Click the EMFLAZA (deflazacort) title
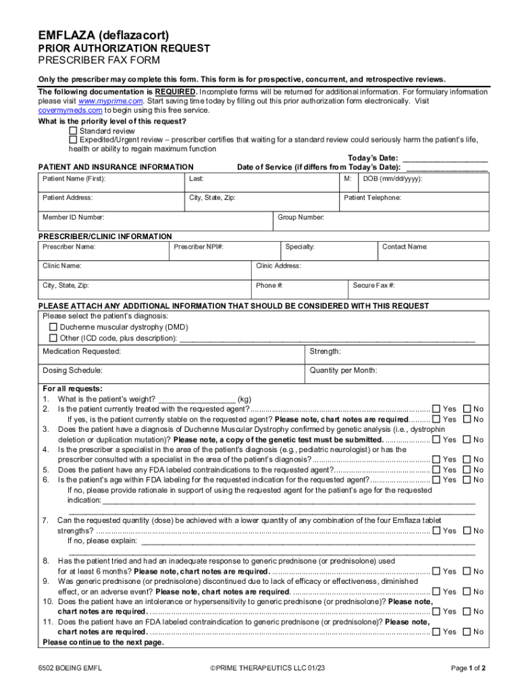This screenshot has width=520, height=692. [103, 34]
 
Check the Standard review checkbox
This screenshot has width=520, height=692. [74, 130]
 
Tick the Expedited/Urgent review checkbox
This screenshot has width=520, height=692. [74, 140]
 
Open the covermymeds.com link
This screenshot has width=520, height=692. [70, 109]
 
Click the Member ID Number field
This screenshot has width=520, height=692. [155, 222]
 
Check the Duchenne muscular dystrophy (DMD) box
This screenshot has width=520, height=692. [53, 326]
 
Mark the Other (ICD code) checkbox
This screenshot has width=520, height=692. [53, 338]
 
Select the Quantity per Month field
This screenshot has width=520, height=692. [396, 375]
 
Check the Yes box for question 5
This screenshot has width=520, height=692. [436, 470]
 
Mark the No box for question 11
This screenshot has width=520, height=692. [467, 632]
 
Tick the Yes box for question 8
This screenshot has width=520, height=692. [436, 571]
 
